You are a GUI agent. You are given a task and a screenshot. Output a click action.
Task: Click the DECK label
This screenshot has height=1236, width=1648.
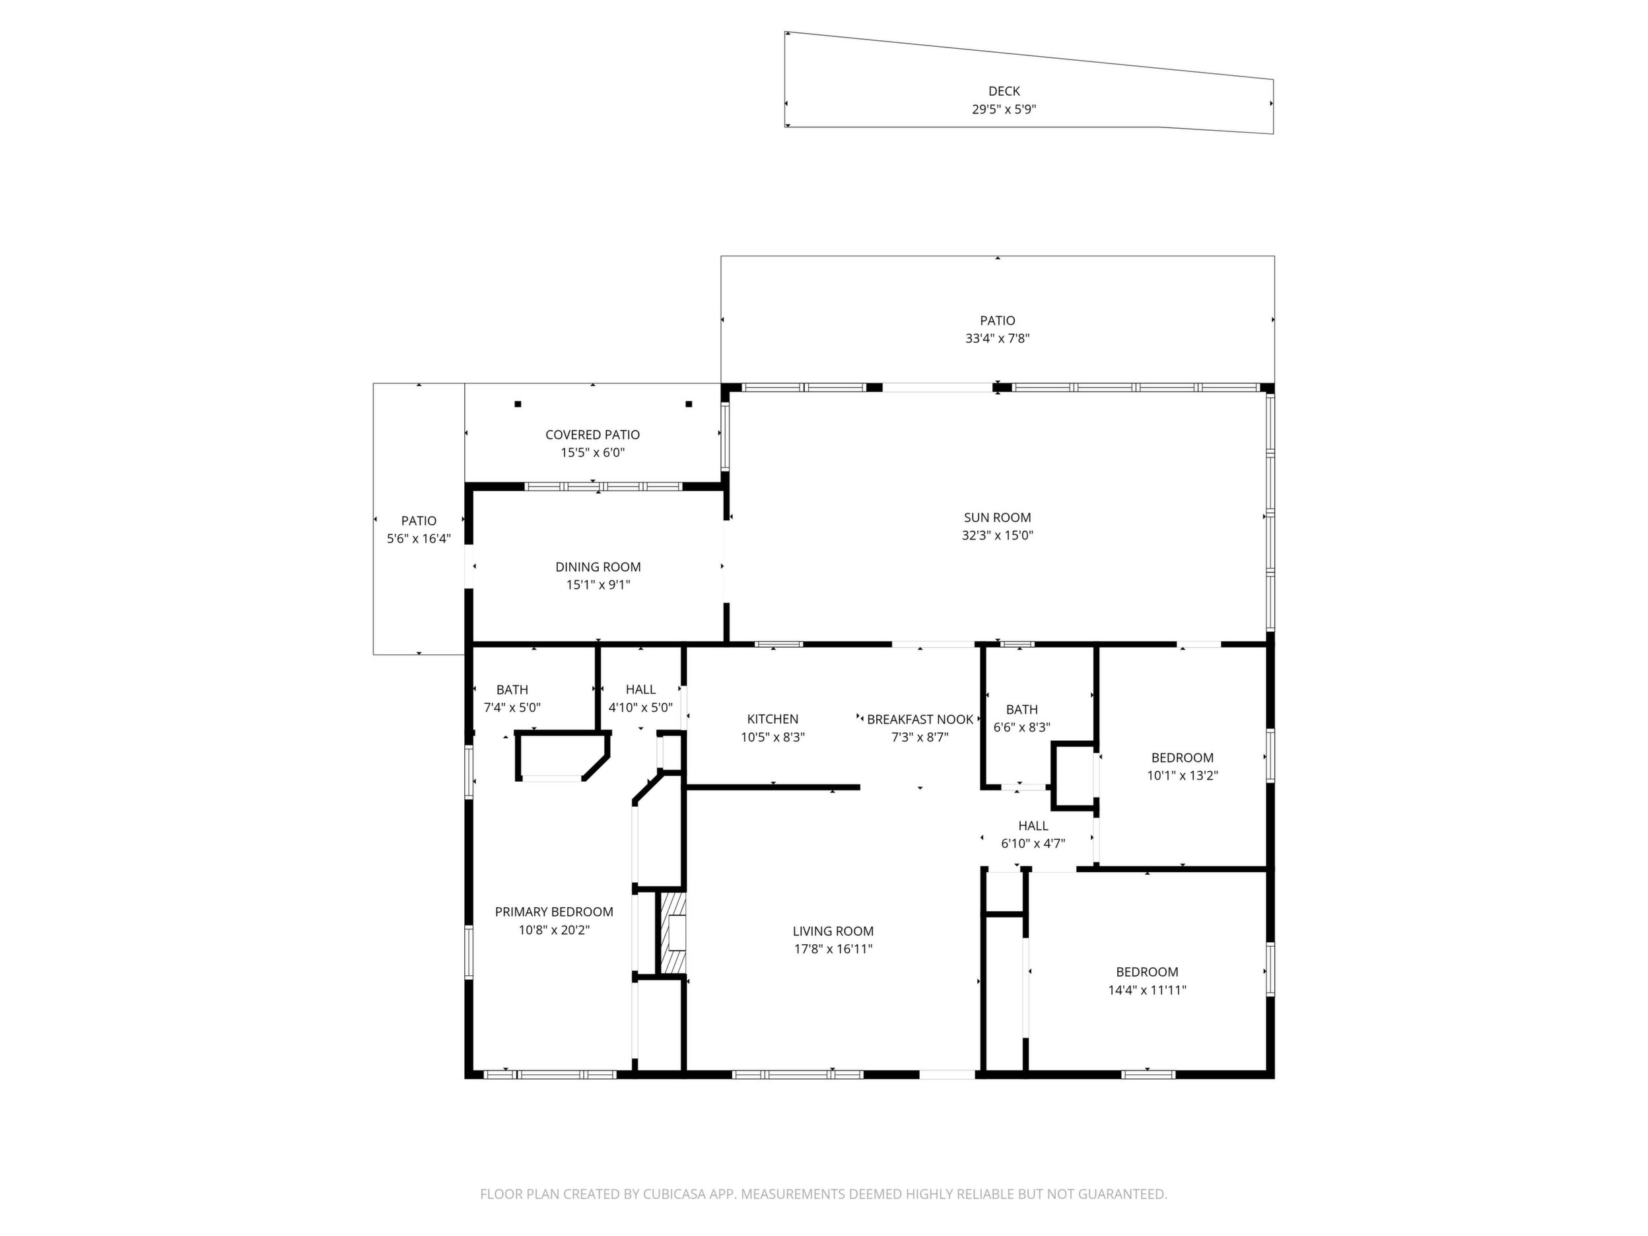[1004, 91]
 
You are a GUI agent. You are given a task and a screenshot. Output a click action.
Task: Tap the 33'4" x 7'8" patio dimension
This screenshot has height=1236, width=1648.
[998, 338]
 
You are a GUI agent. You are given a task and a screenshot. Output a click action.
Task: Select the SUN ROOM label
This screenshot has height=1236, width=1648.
[998, 517]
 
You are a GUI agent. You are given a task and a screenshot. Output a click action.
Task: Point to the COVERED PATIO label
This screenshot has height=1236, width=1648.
[592, 434]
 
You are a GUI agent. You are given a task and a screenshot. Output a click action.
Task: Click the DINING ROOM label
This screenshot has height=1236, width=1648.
[598, 567]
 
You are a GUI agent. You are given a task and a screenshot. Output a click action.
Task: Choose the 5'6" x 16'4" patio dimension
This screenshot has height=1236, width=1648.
[419, 539]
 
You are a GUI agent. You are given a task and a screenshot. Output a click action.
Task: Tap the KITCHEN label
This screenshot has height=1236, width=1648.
[772, 719]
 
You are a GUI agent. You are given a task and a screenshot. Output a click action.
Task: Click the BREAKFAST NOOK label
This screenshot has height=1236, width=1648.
[920, 720]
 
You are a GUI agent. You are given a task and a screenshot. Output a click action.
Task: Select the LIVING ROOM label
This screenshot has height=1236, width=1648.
[833, 930]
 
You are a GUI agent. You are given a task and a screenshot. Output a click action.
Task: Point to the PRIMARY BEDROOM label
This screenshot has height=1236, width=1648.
[555, 912]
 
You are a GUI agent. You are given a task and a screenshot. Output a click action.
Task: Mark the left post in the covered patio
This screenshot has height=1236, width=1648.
[518, 405]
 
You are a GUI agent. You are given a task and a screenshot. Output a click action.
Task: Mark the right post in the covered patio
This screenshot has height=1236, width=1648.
[689, 405]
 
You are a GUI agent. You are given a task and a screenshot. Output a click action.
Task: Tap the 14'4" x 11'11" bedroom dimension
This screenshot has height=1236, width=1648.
[1148, 990]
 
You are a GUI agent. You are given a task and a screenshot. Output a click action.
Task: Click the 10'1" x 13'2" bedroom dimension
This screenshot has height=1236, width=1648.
[1183, 776]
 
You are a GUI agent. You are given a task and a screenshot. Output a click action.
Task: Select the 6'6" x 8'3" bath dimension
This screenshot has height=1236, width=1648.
[1022, 727]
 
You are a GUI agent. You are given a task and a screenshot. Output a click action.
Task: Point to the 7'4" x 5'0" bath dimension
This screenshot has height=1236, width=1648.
[512, 708]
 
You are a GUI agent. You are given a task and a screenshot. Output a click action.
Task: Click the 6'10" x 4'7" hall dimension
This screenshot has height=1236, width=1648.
[1033, 843]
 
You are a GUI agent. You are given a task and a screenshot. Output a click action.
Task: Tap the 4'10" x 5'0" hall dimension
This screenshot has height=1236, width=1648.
[640, 708]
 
